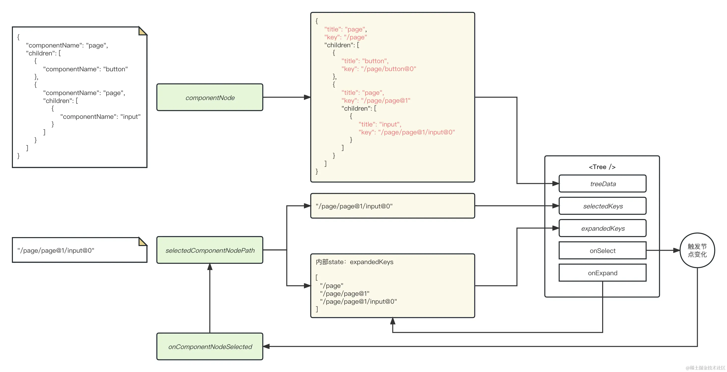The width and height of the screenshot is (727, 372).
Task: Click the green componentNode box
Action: (x=210, y=97)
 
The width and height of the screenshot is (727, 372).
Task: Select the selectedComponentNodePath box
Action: (x=210, y=250)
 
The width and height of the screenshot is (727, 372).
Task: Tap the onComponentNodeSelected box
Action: (x=210, y=346)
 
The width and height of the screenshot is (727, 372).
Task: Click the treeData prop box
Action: (x=603, y=184)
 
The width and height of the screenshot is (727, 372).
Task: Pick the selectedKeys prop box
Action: (x=603, y=206)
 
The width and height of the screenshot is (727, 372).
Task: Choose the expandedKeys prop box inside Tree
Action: (x=603, y=228)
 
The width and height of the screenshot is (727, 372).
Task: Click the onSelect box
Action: (x=603, y=250)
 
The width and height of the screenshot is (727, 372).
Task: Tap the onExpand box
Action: (x=603, y=273)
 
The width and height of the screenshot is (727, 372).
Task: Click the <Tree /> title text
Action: (x=602, y=167)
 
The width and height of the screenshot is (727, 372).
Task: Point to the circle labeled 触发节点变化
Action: (x=697, y=250)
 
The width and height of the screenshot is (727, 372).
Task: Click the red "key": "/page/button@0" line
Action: (x=378, y=69)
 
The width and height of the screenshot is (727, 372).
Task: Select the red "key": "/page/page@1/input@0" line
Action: (x=406, y=132)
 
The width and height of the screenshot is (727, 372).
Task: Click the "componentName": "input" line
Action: (x=100, y=117)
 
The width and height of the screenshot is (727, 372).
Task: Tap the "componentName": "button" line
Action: (x=85, y=69)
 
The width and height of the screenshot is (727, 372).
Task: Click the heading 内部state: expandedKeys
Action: (x=354, y=262)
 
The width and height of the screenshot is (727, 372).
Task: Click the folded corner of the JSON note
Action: (x=142, y=31)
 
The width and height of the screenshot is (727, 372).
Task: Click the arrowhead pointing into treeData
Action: (x=555, y=184)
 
